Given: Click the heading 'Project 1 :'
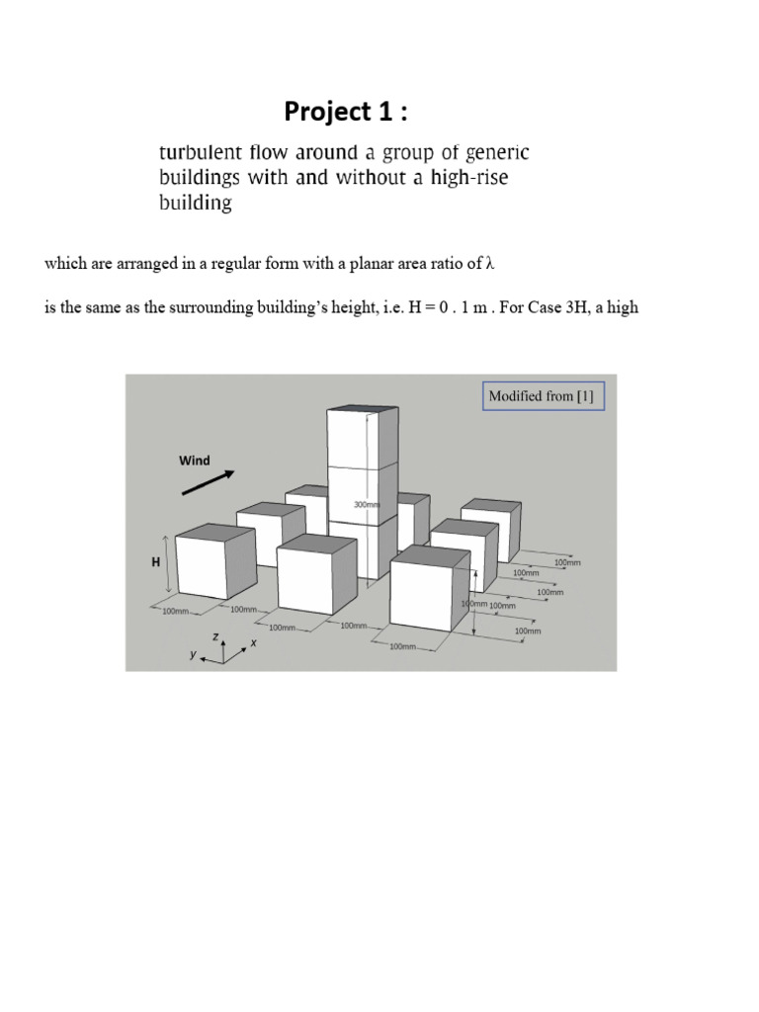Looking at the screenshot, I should pyautogui.click(x=345, y=113).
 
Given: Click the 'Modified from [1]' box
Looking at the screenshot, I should pyautogui.click(x=544, y=396).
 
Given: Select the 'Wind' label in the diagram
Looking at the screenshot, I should pyautogui.click(x=194, y=461).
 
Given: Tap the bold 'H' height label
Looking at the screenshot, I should pyautogui.click(x=154, y=561).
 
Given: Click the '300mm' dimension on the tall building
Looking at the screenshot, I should pyautogui.click(x=366, y=505).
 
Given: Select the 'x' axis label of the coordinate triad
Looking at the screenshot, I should pyautogui.click(x=254, y=643).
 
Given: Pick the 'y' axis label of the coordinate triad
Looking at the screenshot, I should pyautogui.click(x=195, y=654).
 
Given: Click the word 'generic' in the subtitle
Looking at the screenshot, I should pyautogui.click(x=499, y=153).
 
